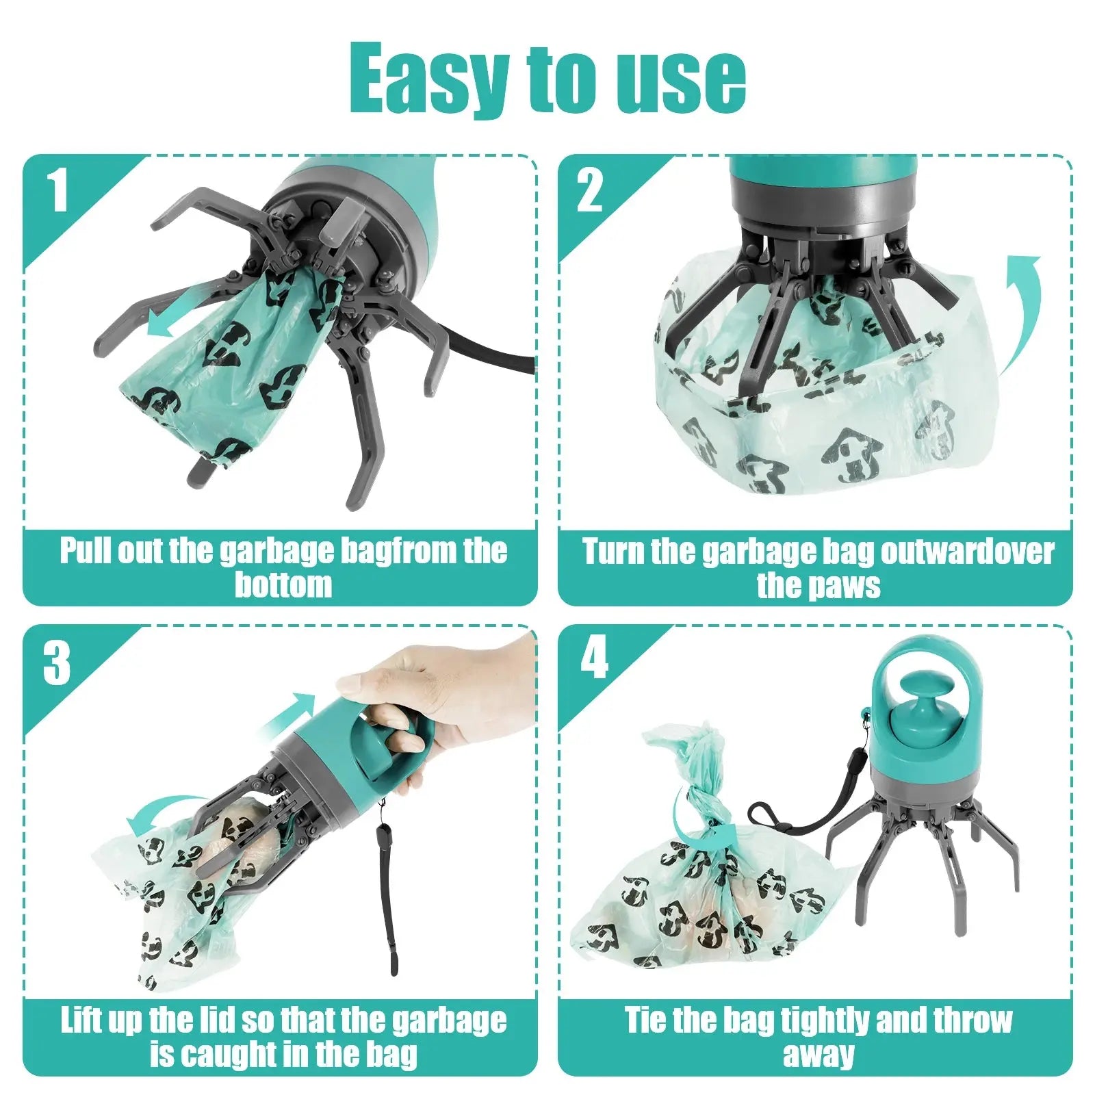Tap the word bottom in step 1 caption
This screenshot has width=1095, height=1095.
[x=283, y=585]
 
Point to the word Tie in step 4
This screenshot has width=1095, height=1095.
[x=647, y=1020]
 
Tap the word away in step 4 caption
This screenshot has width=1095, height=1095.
[x=819, y=1055]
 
